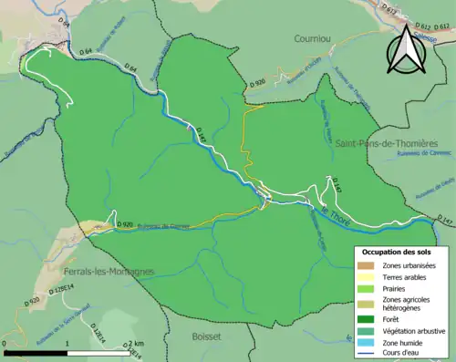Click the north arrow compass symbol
click(406, 52)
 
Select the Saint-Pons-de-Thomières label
click(387, 144)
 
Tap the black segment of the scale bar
click(36, 351)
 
